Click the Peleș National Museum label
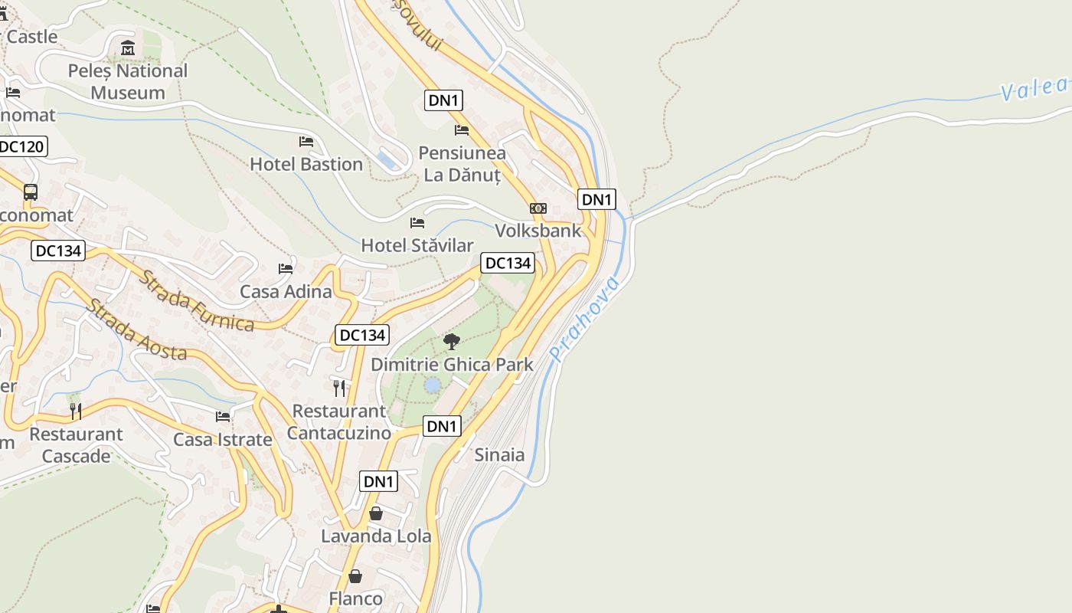tap(128, 81)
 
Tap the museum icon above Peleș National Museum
tap(128, 48)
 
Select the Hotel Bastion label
tap(306, 164)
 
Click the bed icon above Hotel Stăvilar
tap(417, 223)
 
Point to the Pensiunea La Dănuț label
tap(462, 164)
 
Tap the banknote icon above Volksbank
tap(538, 208)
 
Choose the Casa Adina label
tap(286, 291)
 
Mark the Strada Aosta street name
tap(136, 329)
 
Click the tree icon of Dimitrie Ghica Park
tap(452, 341)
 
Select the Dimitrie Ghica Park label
tap(452, 364)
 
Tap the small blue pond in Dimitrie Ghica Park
tap(433, 385)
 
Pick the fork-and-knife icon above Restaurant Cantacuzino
tap(339, 388)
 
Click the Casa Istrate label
tap(223, 440)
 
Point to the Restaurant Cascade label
tap(76, 445)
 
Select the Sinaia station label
tap(500, 454)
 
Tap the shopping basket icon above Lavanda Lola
tap(376, 513)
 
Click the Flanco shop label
tap(355, 598)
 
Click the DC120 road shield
tap(21, 146)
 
